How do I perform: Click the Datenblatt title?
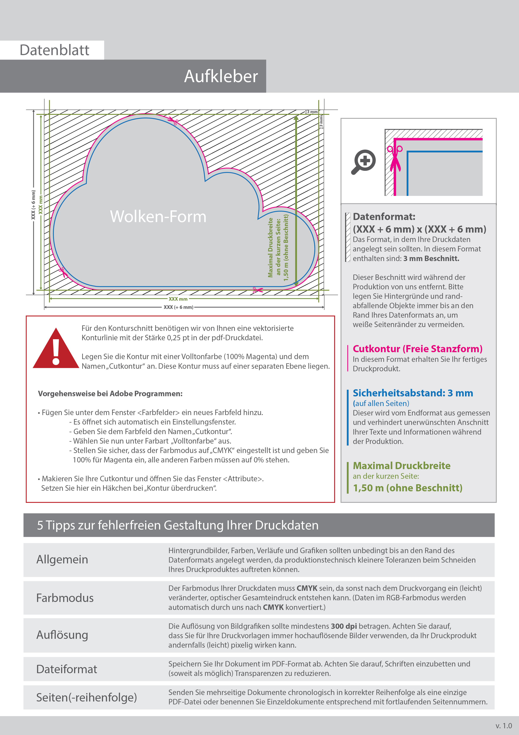(x=54, y=50)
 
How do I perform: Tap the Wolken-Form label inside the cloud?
(x=158, y=216)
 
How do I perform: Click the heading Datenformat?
(x=384, y=217)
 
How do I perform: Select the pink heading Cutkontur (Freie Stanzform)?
(x=417, y=349)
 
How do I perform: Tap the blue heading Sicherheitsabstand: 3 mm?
(x=412, y=393)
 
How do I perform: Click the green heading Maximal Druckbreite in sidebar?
(x=401, y=466)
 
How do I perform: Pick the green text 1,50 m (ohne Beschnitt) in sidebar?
(x=407, y=488)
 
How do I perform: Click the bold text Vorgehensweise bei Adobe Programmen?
(x=110, y=394)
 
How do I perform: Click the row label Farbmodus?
(x=65, y=598)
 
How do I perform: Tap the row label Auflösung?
(x=62, y=635)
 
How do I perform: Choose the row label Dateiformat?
(x=67, y=669)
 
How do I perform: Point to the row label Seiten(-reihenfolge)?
(x=86, y=697)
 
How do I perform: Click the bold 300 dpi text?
(x=344, y=626)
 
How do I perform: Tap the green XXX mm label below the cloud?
(x=178, y=299)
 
